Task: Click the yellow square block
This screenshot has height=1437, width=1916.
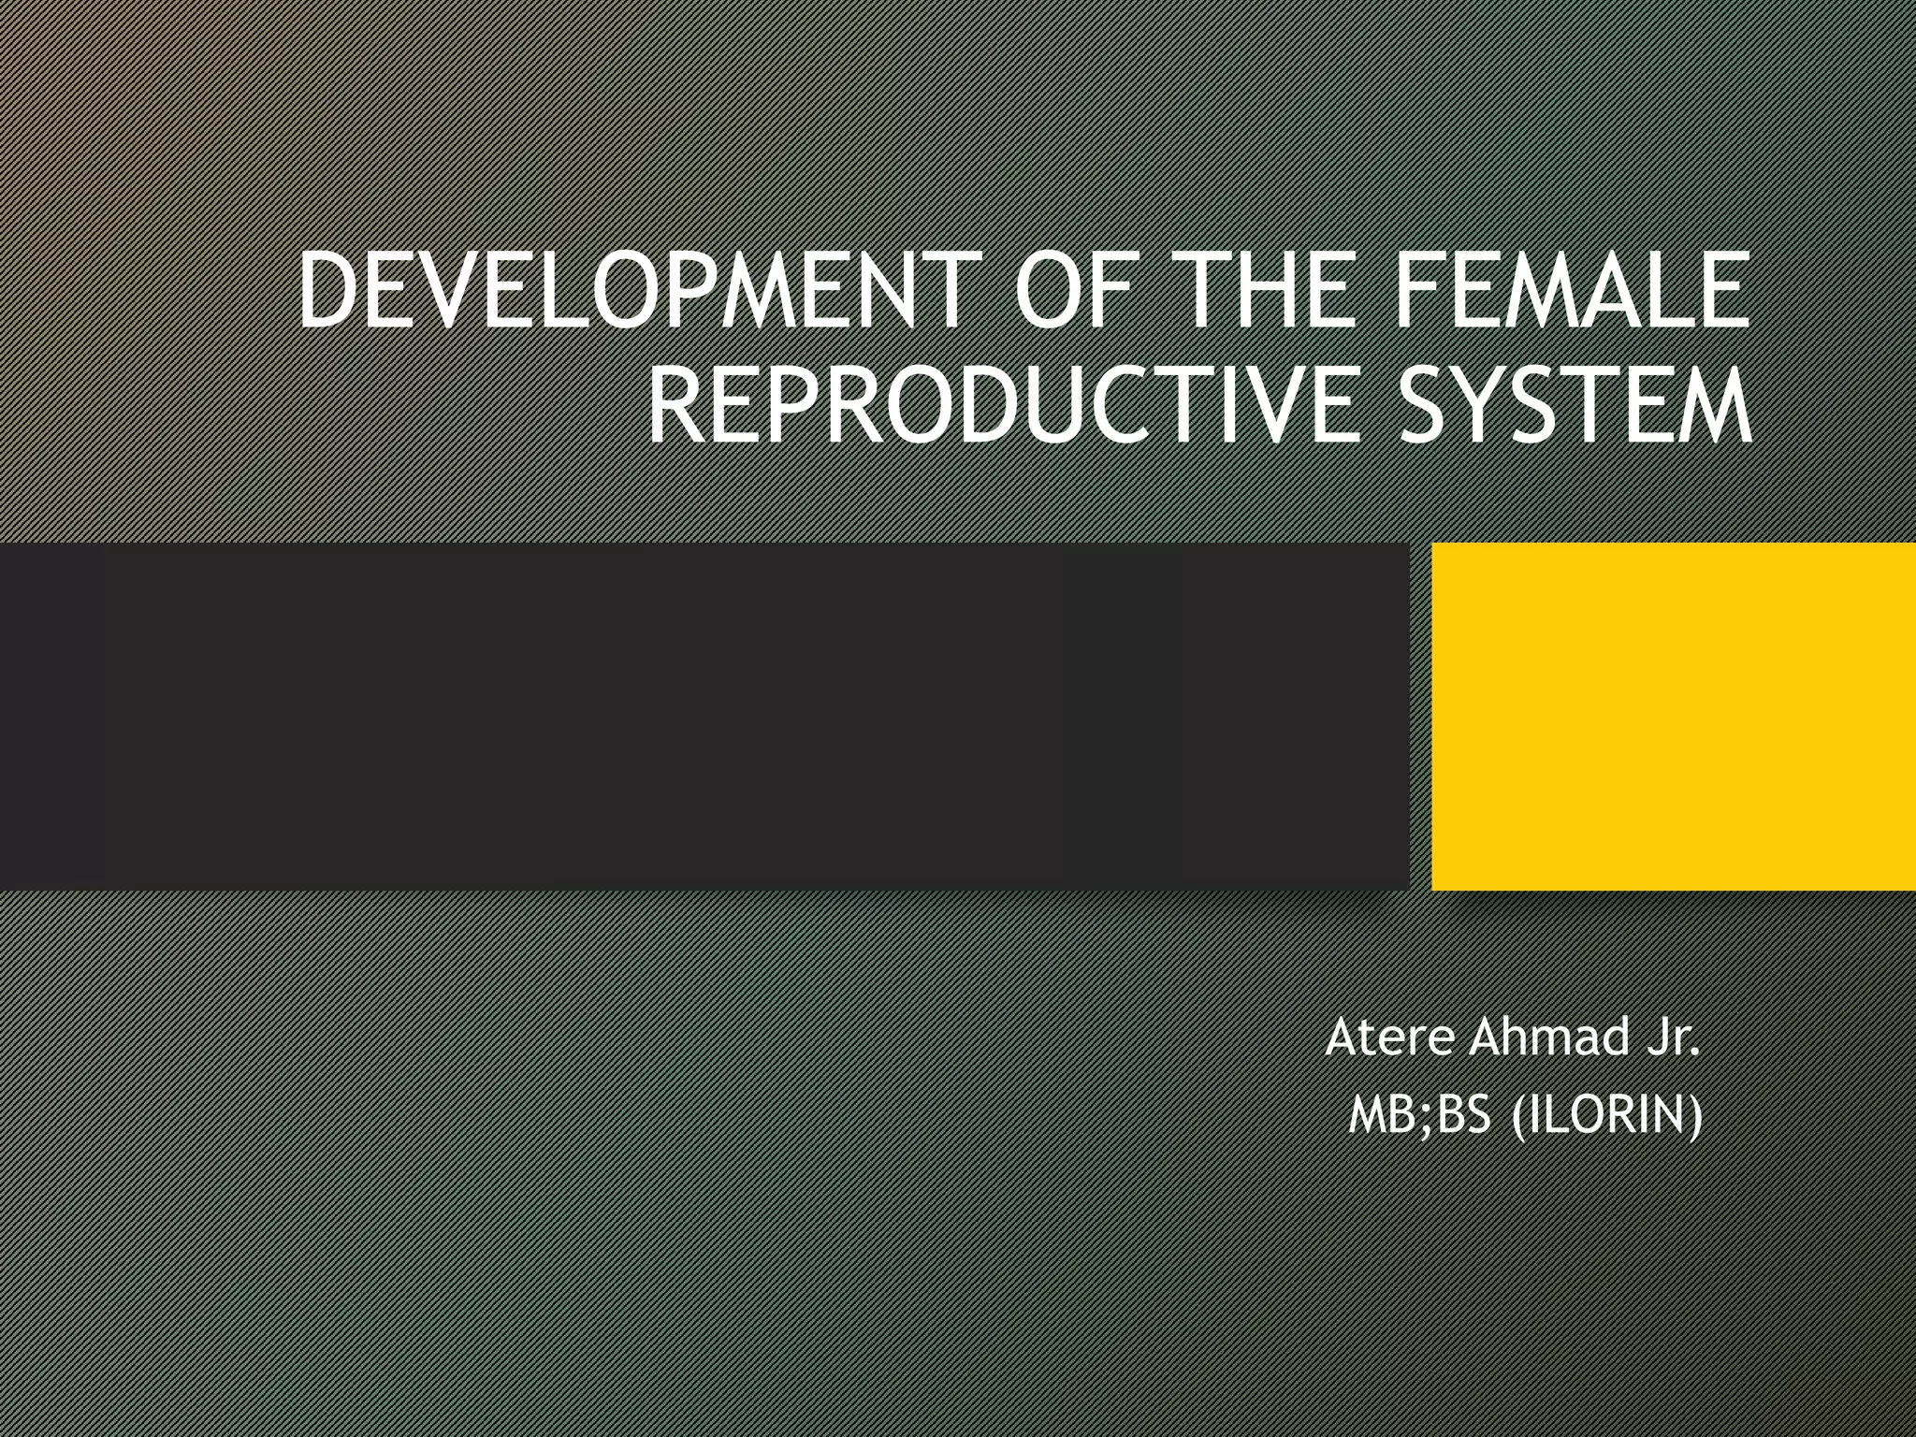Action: pyautogui.click(x=1673, y=716)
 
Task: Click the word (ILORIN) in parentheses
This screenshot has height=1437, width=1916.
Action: pyautogui.click(x=1606, y=1116)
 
